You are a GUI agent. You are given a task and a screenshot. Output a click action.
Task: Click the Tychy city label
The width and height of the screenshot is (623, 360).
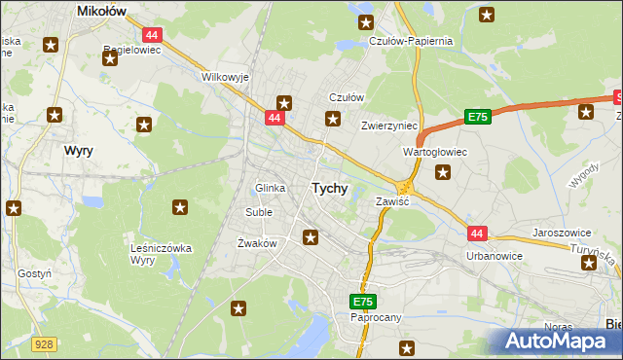click(x=329, y=189)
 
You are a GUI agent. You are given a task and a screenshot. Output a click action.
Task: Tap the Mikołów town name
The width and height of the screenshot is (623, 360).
click(x=104, y=11)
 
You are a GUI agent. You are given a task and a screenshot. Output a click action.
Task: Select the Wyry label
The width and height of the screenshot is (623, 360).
click(x=78, y=152)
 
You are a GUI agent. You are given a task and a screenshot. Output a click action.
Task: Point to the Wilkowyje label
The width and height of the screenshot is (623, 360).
click(x=225, y=76)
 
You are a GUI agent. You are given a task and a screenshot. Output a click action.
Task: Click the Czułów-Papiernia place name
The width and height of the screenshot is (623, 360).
click(x=412, y=42)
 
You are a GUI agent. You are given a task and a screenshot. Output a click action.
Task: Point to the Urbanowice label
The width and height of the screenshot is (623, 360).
click(x=495, y=256)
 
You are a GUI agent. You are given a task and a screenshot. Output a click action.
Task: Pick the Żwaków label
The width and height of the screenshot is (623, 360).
click(x=258, y=243)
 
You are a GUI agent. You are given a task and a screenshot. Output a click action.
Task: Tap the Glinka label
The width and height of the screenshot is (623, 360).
click(x=269, y=188)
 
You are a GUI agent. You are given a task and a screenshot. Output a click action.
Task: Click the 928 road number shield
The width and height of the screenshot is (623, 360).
click(x=42, y=344)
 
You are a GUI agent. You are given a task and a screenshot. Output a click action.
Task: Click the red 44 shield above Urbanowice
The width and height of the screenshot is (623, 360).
click(x=476, y=234)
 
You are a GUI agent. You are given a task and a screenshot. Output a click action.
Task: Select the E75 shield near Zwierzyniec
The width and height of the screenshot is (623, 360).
click(x=476, y=117)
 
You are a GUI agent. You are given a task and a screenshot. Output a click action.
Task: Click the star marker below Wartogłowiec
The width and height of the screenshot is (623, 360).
click(x=444, y=173)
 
